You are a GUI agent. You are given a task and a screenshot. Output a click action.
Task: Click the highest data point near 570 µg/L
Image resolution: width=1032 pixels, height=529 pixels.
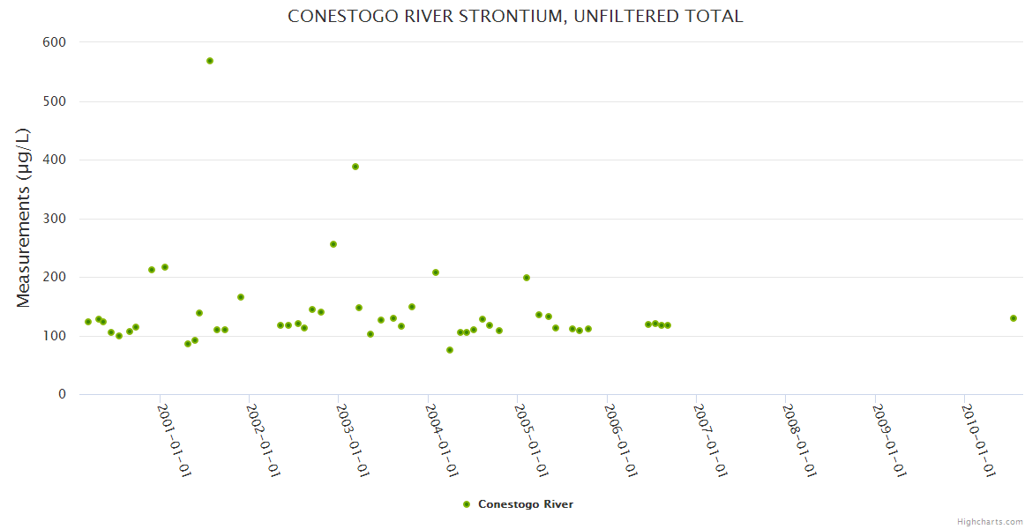pyautogui.click(x=210, y=61)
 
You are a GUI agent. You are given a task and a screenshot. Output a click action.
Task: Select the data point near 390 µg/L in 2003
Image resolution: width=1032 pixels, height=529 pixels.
pyautogui.click(x=355, y=167)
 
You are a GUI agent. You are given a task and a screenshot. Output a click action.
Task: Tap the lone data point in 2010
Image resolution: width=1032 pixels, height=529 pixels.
pyautogui.click(x=1013, y=318)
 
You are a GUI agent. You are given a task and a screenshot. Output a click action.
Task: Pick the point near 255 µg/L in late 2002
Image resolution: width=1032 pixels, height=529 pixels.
pyautogui.click(x=333, y=244)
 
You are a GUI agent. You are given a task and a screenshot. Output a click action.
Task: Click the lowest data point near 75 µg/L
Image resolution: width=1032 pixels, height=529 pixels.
pyautogui.click(x=450, y=350)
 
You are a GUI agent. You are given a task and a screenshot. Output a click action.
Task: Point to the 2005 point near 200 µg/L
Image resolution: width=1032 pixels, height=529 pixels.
pyautogui.click(x=527, y=278)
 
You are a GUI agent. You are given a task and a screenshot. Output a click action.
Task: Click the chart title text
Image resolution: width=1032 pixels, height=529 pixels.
pyautogui.click(x=515, y=16)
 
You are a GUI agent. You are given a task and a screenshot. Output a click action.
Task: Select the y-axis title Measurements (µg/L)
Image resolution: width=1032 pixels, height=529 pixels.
pyautogui.click(x=24, y=218)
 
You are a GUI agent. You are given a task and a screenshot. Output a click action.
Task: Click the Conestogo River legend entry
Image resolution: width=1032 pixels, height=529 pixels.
pyautogui.click(x=525, y=504)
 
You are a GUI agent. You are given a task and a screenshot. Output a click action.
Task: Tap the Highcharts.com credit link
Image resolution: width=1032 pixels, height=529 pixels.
pyautogui.click(x=990, y=521)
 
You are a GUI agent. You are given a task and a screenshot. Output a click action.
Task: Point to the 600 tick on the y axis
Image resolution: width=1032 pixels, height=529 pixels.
pyautogui.click(x=55, y=41)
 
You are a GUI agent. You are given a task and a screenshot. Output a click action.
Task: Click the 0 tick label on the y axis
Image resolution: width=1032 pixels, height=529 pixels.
pyautogui.click(x=63, y=394)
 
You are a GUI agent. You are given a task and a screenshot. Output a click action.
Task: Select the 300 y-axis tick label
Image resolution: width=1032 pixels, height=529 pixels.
pyautogui.click(x=55, y=218)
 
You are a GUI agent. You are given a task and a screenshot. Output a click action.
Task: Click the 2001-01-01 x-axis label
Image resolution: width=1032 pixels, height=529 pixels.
pyautogui.click(x=175, y=440)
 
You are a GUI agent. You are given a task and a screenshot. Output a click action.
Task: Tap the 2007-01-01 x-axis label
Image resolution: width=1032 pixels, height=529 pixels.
pyautogui.click(x=711, y=440)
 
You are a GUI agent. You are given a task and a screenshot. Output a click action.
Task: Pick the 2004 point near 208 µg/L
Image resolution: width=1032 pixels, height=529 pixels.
pyautogui.click(x=436, y=272)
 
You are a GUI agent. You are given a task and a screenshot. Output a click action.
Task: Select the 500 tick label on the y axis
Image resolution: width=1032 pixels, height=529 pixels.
pyautogui.click(x=55, y=101)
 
